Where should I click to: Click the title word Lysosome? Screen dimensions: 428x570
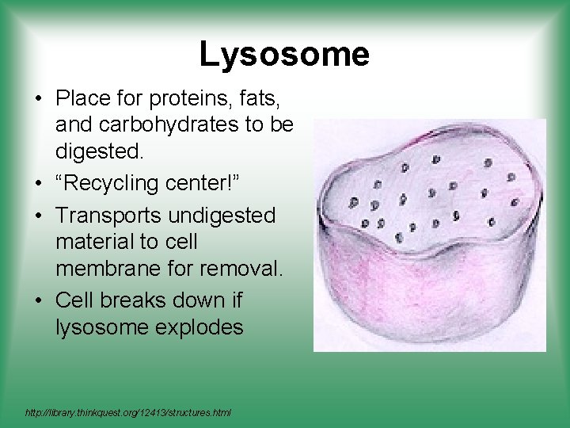pos(284,55)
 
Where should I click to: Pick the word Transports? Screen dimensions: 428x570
pos(111,216)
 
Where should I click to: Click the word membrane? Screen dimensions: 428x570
pos(104,269)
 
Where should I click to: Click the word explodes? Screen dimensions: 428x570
pos(199,327)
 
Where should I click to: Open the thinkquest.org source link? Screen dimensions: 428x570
pos(128,413)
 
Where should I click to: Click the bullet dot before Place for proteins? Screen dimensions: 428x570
pos(38,99)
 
